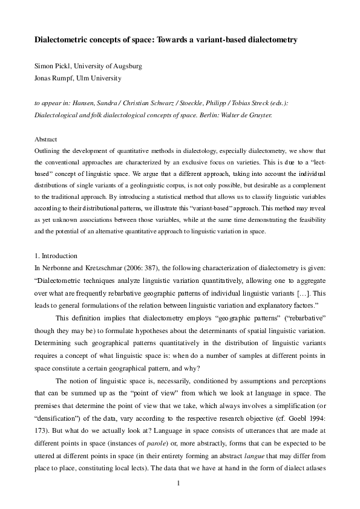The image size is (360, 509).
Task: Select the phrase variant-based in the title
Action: pyautogui.click(x=217, y=39)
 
